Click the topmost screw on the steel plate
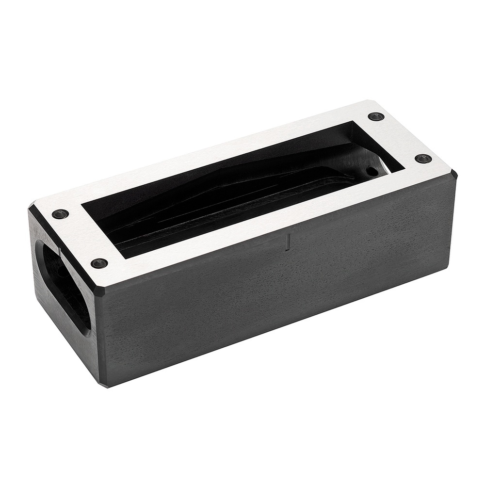pyautogui.click(x=376, y=116)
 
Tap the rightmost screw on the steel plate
pyautogui.click(x=423, y=159)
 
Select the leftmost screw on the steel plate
pyautogui.click(x=60, y=214)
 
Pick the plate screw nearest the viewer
pyautogui.click(x=99, y=263)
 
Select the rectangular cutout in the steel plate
pyautogui.click(x=242, y=189)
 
